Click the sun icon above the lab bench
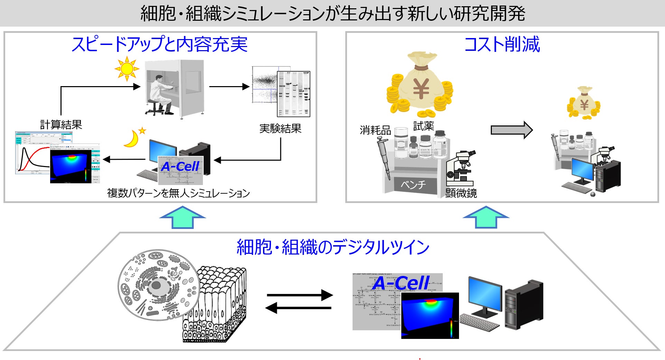(127, 68)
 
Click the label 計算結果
(61, 124)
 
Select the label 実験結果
(280, 129)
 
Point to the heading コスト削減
(502, 45)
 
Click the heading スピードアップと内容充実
(159, 45)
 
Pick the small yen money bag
(584, 103)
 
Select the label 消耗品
(375, 130)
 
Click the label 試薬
(423, 126)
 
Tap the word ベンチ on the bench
(413, 185)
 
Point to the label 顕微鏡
(461, 193)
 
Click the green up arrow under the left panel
(182, 218)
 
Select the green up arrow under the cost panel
(486, 218)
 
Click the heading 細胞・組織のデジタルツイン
(333, 247)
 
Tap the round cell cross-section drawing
(157, 285)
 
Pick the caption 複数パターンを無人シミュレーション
(178, 193)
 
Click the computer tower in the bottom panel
(523, 304)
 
